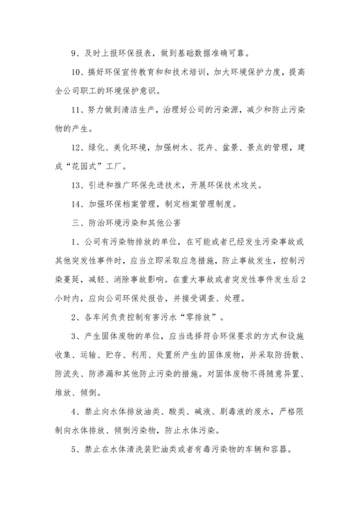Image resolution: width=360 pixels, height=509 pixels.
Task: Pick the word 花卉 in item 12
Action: [x=192, y=146]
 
